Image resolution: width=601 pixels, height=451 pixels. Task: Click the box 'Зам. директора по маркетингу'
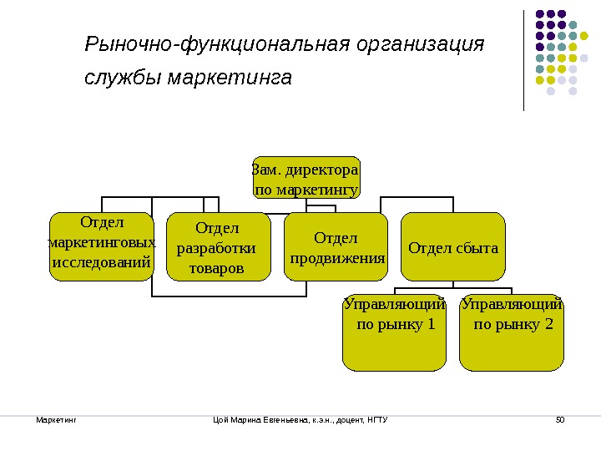coord(306,179)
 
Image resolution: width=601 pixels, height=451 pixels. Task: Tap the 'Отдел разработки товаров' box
coord(217,247)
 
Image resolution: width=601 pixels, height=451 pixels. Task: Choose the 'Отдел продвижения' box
coord(336,247)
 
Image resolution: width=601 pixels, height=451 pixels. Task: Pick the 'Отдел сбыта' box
coord(453,247)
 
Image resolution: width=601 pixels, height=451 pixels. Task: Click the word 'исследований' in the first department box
coord(101,262)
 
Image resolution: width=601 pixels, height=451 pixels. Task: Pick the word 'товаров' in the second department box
coord(217,269)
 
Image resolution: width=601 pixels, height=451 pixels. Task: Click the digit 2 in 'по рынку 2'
coord(548,324)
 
